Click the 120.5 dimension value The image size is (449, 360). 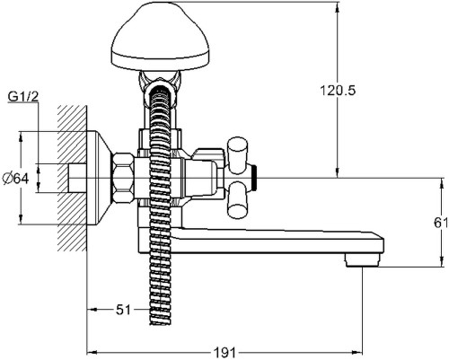click(x=338, y=91)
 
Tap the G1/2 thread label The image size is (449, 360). click(x=23, y=96)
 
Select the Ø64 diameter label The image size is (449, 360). click(x=15, y=179)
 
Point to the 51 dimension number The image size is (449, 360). click(x=123, y=310)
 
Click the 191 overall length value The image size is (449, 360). click(x=224, y=353)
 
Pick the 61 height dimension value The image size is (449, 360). click(x=441, y=223)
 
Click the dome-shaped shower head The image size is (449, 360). click(x=160, y=37)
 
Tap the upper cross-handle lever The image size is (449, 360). click(x=238, y=155)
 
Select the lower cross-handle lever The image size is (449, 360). click(x=238, y=201)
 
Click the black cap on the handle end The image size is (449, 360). click(x=254, y=179)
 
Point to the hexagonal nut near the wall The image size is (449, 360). click(x=123, y=178)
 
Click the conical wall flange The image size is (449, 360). click(x=100, y=178)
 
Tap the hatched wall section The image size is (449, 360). click(x=72, y=179)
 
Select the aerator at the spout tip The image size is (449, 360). click(x=363, y=260)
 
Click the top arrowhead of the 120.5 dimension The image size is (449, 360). click(x=338, y=6)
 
